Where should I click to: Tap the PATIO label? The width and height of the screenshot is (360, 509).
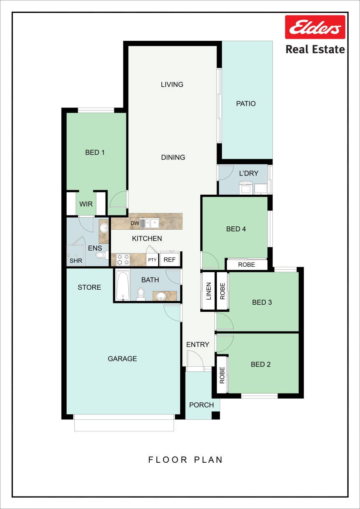[246, 104]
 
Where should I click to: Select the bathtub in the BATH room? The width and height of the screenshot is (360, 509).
[123, 285]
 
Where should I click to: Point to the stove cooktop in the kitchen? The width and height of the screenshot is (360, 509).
[123, 259]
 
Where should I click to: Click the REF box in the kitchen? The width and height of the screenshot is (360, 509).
[170, 259]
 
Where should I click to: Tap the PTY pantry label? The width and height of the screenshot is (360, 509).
[152, 260]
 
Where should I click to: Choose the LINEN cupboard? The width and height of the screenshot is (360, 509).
[208, 291]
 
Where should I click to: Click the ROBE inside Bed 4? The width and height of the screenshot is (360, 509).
[247, 265]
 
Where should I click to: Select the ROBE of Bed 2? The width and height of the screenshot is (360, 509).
[222, 375]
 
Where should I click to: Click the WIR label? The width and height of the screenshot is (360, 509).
[86, 204]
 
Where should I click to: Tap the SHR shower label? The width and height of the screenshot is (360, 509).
[76, 261]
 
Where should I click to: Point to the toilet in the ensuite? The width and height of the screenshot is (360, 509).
[102, 255]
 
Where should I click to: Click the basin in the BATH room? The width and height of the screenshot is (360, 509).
[161, 296]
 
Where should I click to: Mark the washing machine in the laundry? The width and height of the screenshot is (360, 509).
[246, 188]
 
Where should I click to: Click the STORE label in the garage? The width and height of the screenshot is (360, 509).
[89, 287]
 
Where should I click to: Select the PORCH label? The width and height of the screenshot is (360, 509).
[201, 405]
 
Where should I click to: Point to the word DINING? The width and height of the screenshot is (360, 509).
[173, 157]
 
